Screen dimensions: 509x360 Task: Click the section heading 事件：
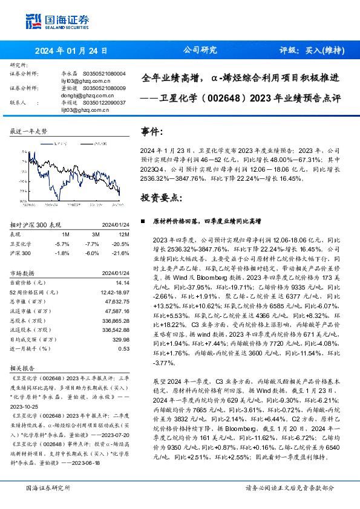coord(152,131)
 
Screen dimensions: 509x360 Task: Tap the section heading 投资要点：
coord(160,197)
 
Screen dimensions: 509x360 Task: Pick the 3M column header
coord(96,235)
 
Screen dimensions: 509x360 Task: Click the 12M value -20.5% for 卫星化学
coord(121,244)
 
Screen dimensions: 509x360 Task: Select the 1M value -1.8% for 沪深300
coord(62,253)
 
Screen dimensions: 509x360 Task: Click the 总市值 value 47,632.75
coord(116,301)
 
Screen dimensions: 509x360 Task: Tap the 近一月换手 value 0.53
coord(123,349)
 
